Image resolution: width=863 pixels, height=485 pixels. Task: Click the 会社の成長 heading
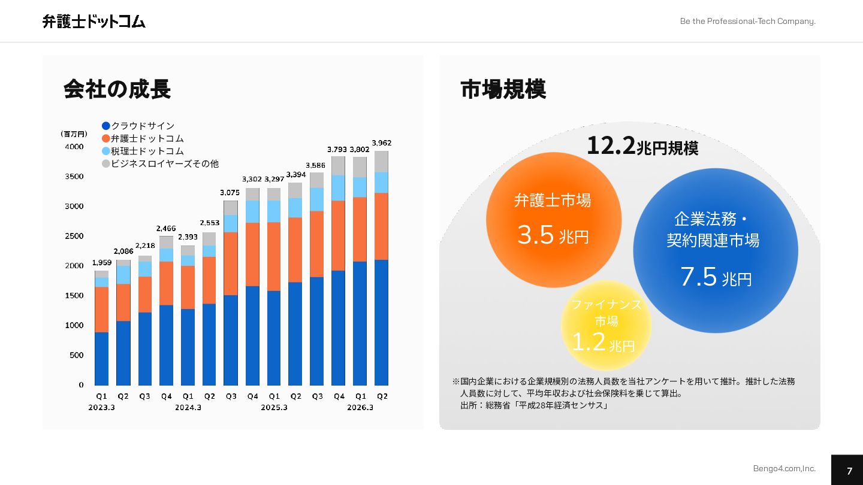[x=117, y=89]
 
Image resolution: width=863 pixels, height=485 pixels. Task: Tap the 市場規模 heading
[x=503, y=89]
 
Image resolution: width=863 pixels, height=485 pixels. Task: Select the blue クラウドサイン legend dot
[x=106, y=126]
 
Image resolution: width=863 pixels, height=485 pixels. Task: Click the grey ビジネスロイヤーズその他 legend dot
[x=106, y=163]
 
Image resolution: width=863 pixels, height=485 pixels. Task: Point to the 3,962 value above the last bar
[x=381, y=143]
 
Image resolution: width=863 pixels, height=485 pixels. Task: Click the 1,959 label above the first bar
[x=101, y=263]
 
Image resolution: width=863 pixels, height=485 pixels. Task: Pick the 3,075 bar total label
[x=230, y=193]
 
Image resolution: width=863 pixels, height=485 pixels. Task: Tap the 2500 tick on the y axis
[x=74, y=236]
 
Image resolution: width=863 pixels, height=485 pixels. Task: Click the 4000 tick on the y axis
[x=74, y=147]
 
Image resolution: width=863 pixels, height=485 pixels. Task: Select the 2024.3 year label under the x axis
[x=188, y=408]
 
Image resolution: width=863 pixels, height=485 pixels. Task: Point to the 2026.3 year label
[x=360, y=408]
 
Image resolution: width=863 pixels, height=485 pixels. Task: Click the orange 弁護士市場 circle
[x=553, y=220]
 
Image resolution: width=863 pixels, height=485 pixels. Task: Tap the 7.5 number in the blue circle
[x=698, y=277]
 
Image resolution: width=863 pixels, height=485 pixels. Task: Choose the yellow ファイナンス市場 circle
[x=606, y=325]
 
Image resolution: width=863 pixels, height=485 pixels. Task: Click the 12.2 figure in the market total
[x=611, y=145]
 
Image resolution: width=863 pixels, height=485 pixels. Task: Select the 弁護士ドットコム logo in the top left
[x=94, y=22]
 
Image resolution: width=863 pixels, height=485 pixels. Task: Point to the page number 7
[x=849, y=471]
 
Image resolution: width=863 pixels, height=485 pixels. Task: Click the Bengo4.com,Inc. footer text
[x=784, y=468]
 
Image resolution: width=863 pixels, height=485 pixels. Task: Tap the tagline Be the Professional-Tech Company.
[x=747, y=22]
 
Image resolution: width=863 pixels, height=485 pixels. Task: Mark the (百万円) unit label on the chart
[x=74, y=134]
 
